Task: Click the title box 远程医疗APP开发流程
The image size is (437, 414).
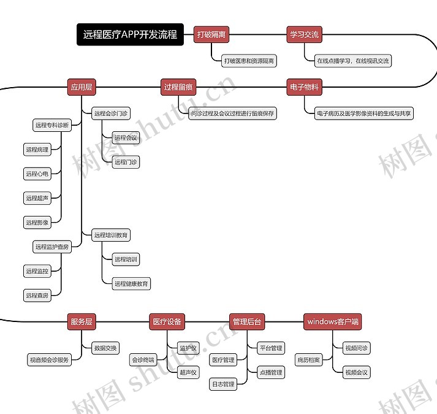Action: [130, 35]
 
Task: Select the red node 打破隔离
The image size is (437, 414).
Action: [211, 35]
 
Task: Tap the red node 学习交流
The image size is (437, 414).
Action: [304, 35]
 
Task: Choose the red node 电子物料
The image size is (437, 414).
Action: [304, 87]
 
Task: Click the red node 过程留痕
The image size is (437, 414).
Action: [179, 87]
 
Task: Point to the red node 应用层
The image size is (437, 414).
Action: [82, 87]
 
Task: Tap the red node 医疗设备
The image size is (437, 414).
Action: [167, 321]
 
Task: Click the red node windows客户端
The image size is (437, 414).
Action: [333, 321]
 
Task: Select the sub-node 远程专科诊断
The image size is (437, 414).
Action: [52, 125]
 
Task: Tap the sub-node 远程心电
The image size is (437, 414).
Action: [37, 174]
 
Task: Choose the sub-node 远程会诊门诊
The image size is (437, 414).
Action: [111, 113]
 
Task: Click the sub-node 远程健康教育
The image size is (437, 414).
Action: [131, 283]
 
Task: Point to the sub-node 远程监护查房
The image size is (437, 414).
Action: [52, 247]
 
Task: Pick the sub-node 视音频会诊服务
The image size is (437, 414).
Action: [49, 360]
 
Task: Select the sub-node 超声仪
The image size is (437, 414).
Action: [188, 372]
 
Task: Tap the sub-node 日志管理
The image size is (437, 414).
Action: [223, 385]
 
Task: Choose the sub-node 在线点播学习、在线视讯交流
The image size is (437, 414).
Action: [352, 61]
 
